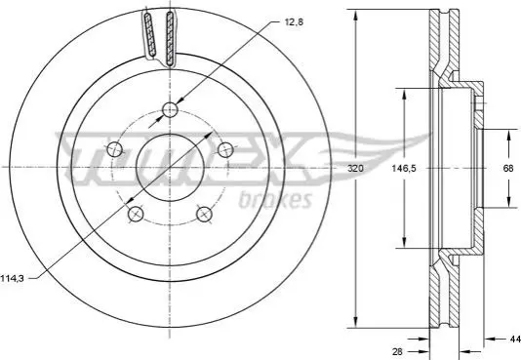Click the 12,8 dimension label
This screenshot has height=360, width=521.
coord(294,22)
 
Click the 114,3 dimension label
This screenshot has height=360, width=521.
coord(12,278)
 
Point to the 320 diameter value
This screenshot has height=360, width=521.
coord(355,169)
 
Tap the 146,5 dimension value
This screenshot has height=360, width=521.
coord(404,169)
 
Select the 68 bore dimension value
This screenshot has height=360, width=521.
coord(508,169)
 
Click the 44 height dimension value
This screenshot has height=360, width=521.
coord(515,339)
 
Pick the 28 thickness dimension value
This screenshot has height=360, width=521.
coord(397,351)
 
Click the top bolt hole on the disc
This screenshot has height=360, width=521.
coord(170,109)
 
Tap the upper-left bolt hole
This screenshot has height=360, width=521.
coord(114,149)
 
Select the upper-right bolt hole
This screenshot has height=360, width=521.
coord(225,149)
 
